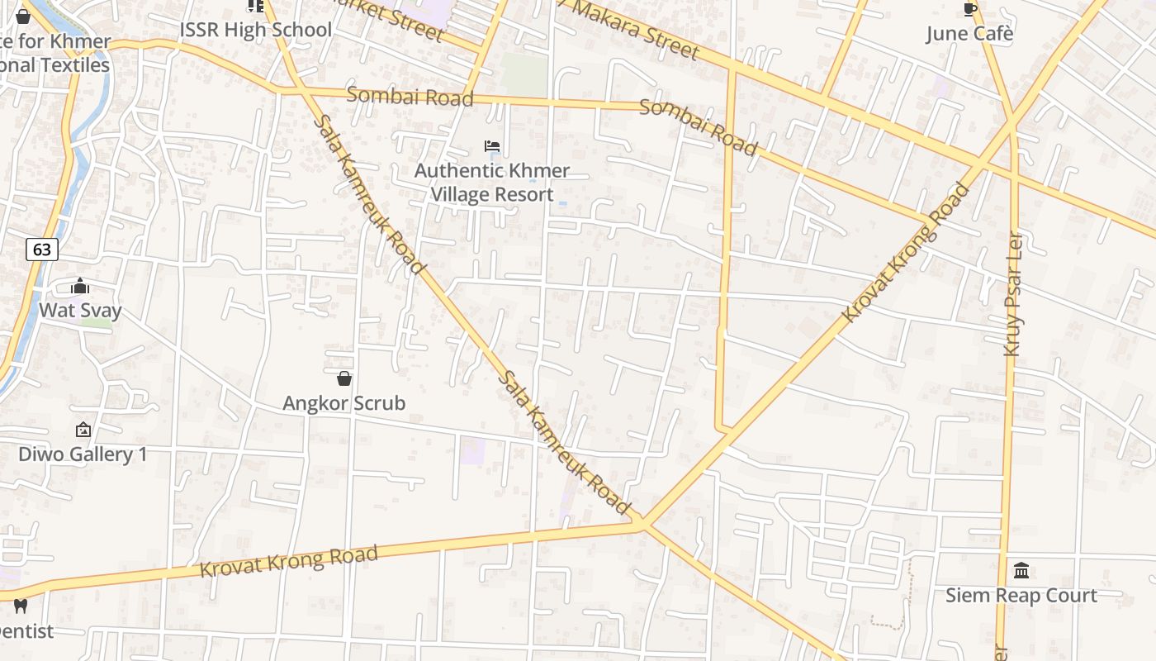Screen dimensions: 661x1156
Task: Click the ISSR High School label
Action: pos(256,30)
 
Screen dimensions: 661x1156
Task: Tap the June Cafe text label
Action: pos(969,34)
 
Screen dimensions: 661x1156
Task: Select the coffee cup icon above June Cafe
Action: pos(970,9)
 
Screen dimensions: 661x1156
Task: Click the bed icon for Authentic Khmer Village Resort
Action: pos(492,146)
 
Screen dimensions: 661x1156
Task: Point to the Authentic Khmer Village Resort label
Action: pos(492,183)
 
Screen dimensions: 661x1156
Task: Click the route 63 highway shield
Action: pos(42,249)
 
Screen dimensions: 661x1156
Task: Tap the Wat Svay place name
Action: pos(80,311)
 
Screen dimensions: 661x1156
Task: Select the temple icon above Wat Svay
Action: pos(80,287)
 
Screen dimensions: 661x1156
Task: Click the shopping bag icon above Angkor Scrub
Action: pos(344,378)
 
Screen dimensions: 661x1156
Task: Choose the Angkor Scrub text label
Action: pos(344,403)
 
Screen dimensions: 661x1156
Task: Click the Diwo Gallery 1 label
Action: pos(83,454)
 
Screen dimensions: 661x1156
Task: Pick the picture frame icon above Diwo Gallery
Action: pos(83,430)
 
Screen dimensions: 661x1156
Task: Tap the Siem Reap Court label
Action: pos(1021,596)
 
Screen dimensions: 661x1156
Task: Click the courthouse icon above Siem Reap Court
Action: pos(1021,570)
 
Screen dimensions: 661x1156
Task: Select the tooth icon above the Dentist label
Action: pos(21,606)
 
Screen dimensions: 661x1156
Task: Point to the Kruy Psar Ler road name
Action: pos(1013,294)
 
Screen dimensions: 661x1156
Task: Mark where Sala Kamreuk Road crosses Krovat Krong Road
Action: pos(642,523)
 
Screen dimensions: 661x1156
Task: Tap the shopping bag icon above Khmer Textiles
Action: pos(23,16)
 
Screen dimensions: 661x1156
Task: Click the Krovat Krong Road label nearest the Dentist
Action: pos(289,562)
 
